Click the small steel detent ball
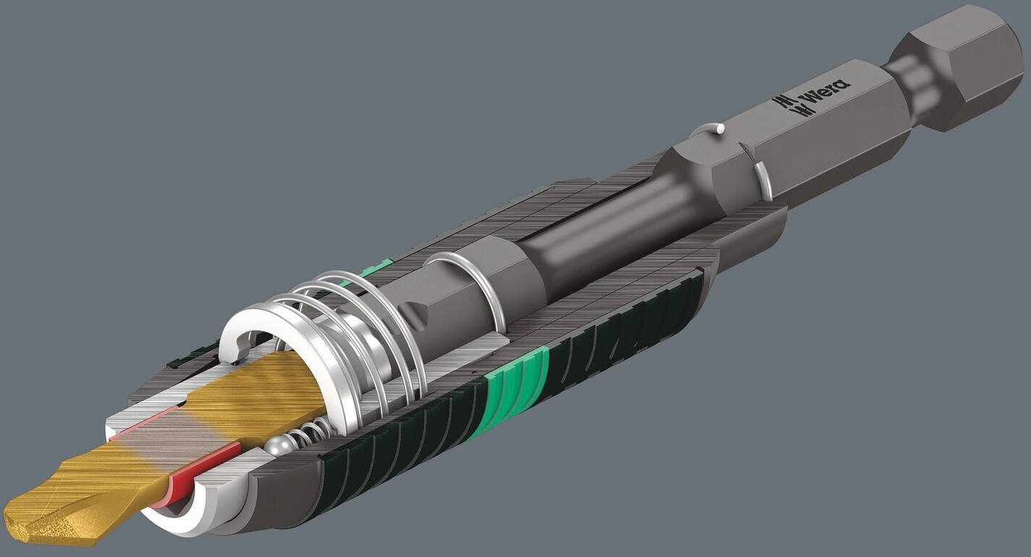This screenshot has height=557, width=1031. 280,446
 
